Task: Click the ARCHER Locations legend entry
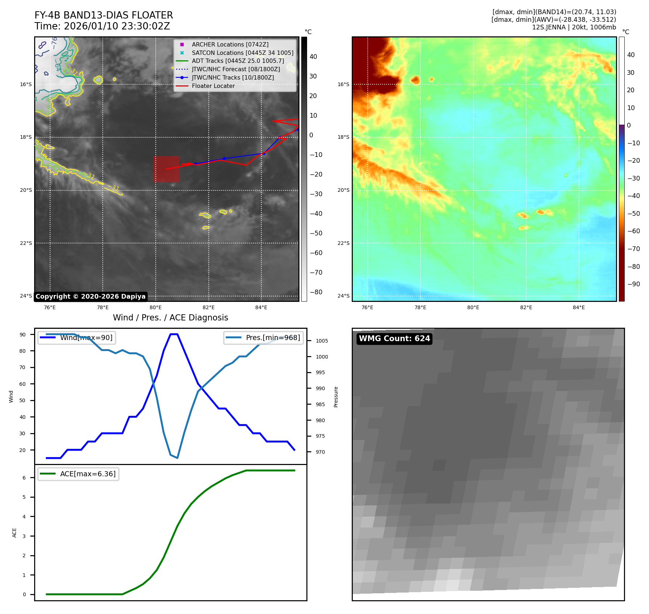(230, 44)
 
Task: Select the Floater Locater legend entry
(213, 86)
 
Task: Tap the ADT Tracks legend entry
(238, 61)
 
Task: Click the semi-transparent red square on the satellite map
(166, 169)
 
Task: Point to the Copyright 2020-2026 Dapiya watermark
(90, 296)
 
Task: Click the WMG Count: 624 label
(394, 339)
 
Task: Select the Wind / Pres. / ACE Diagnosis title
(170, 318)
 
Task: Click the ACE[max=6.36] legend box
(78, 474)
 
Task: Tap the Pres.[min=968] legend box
(264, 338)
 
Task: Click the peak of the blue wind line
(174, 334)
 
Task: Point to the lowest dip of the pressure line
(177, 458)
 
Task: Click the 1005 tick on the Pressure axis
(322, 341)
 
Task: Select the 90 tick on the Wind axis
(23, 335)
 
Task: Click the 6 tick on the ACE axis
(24, 478)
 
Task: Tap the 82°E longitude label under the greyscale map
(208, 307)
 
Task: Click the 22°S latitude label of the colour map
(343, 243)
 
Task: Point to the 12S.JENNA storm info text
(574, 27)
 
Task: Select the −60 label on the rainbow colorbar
(633, 231)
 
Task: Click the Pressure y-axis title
(336, 397)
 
